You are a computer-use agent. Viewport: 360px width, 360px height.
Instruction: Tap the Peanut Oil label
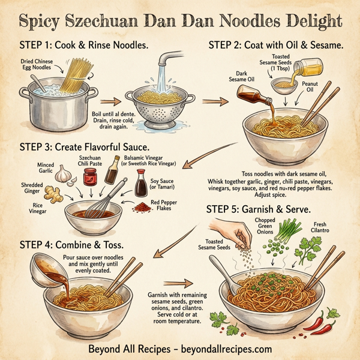[x=310, y=88]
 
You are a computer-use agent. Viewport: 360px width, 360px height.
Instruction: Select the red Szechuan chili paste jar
[x=91, y=177]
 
